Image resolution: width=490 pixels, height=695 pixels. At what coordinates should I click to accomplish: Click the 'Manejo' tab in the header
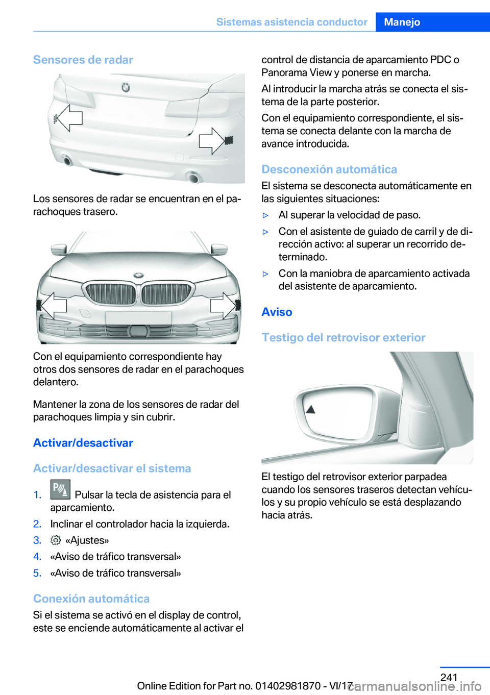tap(402, 22)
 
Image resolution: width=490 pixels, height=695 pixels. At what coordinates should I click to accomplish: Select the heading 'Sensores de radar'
tap(83, 60)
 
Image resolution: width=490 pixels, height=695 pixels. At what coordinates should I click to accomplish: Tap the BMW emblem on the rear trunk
tap(126, 87)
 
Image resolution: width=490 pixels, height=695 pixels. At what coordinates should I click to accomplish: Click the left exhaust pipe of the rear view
tap(67, 162)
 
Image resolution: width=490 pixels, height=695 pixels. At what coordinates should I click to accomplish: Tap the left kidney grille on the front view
tap(110, 294)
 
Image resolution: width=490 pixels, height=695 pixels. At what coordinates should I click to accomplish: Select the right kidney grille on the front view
tap(166, 294)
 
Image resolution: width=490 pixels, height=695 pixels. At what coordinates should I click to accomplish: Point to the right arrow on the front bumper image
tap(223, 306)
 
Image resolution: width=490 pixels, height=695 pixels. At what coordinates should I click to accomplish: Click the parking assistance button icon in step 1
tap(60, 489)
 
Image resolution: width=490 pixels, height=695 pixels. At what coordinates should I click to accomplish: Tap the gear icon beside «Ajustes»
tap(56, 540)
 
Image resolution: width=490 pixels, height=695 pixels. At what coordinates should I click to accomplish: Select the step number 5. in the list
tap(37, 573)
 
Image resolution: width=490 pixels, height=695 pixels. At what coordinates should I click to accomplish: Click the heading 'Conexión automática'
tap(91, 599)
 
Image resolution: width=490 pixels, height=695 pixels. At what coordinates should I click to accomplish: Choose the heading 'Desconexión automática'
tap(329, 169)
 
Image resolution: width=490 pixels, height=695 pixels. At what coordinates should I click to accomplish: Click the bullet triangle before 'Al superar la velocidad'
tap(265, 215)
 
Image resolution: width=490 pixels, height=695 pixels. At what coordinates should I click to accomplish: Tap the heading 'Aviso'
tap(277, 312)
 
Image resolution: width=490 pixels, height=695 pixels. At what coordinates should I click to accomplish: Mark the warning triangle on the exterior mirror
tap(310, 409)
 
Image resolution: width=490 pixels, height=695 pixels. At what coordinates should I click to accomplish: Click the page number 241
tap(449, 677)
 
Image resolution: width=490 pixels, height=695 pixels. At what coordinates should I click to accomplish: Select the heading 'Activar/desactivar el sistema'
tap(112, 468)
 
